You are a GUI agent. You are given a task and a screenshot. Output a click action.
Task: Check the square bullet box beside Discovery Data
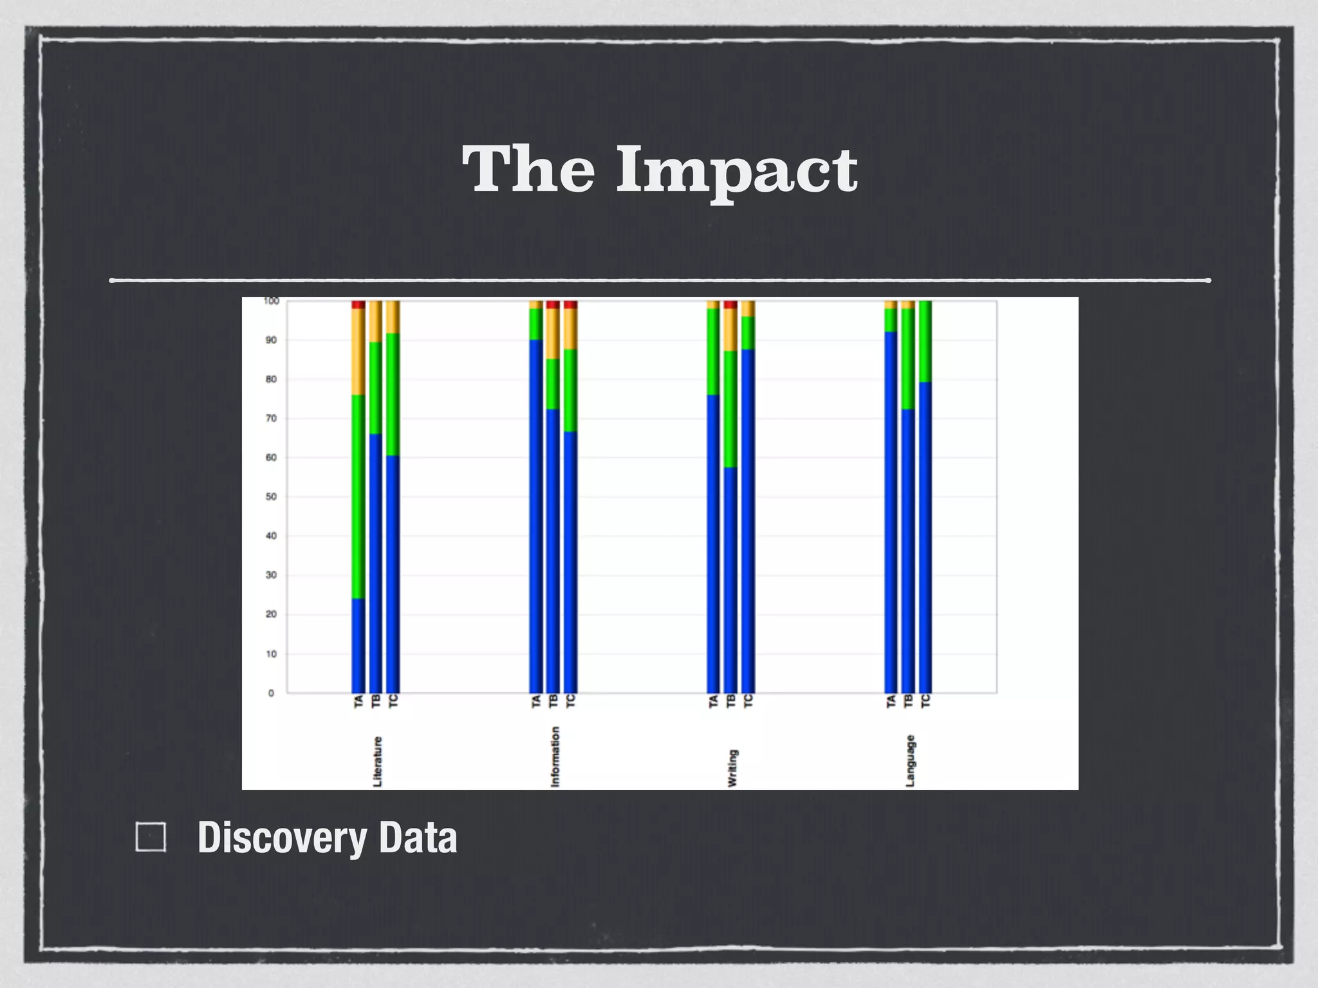coord(151,837)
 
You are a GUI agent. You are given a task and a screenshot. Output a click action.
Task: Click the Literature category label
coord(378,762)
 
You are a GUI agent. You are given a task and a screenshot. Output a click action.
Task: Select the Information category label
coord(555,756)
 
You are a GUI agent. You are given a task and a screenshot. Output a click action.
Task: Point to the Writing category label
coord(732,768)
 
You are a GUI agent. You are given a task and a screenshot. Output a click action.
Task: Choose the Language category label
coord(910,760)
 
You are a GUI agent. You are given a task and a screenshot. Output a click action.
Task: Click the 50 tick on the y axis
coord(271,497)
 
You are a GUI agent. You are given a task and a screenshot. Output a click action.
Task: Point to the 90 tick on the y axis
coord(271,340)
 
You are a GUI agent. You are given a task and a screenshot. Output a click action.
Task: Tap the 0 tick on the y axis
coord(271,693)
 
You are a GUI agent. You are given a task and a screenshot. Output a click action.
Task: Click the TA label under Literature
coord(358,701)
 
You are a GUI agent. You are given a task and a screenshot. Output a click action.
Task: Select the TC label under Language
coord(925,701)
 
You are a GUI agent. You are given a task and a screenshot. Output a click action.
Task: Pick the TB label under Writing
coord(730,701)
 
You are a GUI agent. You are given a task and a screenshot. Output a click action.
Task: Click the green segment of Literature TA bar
coord(358,495)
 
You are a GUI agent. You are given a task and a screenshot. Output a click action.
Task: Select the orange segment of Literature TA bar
coord(358,351)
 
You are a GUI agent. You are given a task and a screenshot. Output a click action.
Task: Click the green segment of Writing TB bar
coord(730,409)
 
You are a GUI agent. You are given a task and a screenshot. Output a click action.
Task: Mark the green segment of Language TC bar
coord(925,341)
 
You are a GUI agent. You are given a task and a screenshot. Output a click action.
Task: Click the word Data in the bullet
coord(418,838)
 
